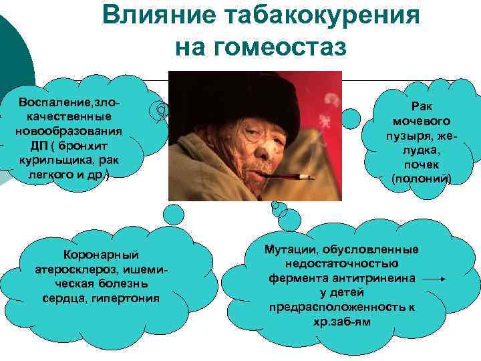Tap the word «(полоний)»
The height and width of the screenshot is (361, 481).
(x=422, y=179)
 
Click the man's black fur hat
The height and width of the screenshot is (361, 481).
(x=254, y=100)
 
